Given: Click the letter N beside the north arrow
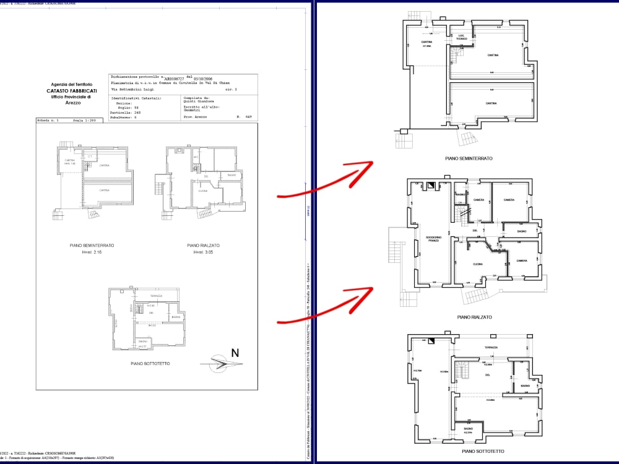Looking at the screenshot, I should pos(235,353).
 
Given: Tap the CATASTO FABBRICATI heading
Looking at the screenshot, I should pos(71,91).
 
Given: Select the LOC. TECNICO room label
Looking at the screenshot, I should pos(462,37).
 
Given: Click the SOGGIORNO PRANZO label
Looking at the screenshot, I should pos(432,239).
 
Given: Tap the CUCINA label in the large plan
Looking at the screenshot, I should pos(477,264).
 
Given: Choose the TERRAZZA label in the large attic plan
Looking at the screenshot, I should pos(491,348).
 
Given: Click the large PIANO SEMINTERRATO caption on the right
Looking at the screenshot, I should pos(469,158).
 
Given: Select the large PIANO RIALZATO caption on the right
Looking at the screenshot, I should pos(474,317).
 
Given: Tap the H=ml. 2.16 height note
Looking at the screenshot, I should pos(92,252).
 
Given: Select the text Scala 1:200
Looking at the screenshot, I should pos(85,121).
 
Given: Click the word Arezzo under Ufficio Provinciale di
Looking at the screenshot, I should pos(73,103).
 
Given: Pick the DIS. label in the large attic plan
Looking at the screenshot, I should pos(487,375).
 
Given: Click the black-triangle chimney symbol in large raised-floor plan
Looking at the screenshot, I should pos(431,185).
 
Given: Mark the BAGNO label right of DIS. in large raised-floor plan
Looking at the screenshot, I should pos(521,231).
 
